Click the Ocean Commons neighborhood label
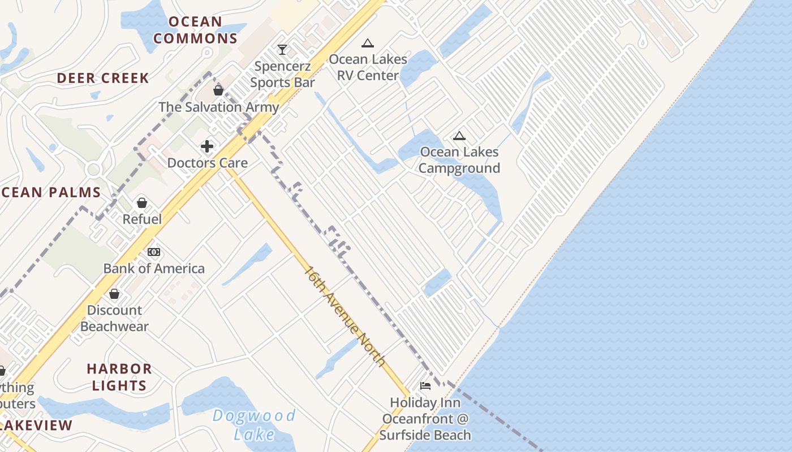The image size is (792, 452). click(195, 30)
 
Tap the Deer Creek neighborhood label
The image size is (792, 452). click(103, 78)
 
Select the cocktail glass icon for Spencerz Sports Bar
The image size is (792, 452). click(282, 50)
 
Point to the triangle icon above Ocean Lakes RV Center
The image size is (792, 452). click(368, 43)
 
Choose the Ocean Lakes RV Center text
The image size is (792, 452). click(368, 67)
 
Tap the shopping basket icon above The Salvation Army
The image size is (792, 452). click(218, 90)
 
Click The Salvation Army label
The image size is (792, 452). click(218, 107)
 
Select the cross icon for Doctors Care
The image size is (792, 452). click(207, 146)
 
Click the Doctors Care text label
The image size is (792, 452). click(207, 163)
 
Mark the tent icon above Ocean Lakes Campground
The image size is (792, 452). click(459, 136)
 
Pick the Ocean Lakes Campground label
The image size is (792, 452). click(459, 160)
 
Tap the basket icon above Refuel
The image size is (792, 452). click(142, 203)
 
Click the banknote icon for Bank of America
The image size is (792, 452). click(154, 252)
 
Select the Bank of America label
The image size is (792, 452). click(154, 268)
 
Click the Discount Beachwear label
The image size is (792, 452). click(114, 318)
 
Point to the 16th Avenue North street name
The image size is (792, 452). click(345, 316)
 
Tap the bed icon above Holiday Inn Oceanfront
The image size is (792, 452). click(425, 386)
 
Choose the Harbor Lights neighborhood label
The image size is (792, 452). click(119, 377)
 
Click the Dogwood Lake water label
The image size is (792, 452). click(254, 425)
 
